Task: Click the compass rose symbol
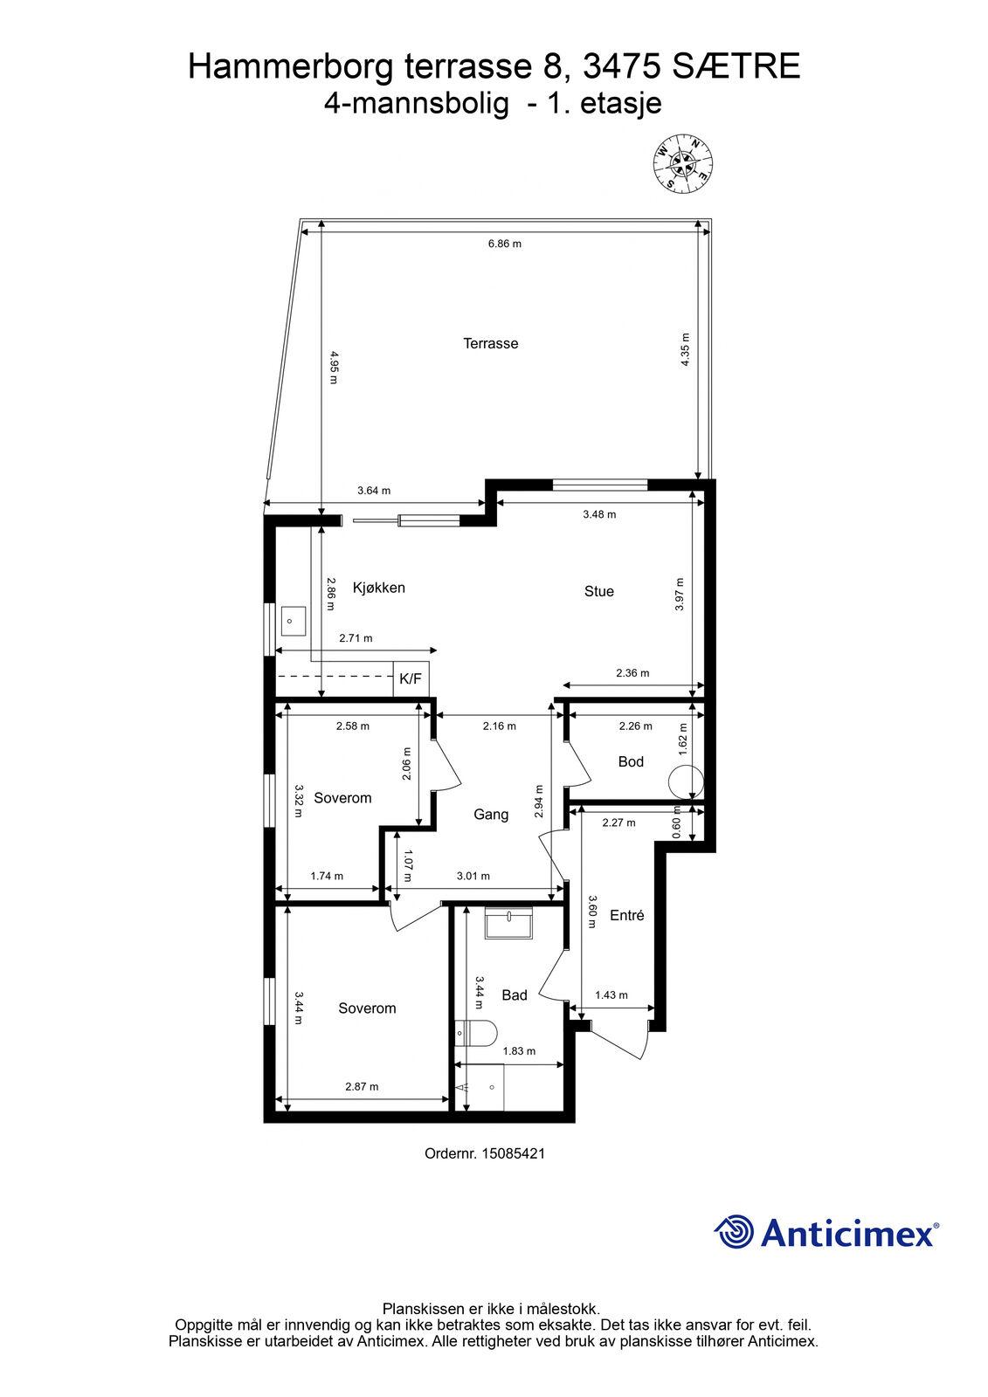click(x=683, y=162)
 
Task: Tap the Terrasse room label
click(x=491, y=343)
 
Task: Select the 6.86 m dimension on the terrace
click(x=504, y=244)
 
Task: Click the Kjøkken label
click(x=379, y=588)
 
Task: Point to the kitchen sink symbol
click(x=293, y=621)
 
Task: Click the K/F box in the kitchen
click(x=411, y=679)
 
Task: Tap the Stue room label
click(x=598, y=591)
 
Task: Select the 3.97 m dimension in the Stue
click(x=680, y=595)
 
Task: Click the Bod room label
click(x=631, y=761)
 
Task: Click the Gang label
click(x=491, y=815)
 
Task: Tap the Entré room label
click(x=626, y=915)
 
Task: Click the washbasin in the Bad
click(x=508, y=923)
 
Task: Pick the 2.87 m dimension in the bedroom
click(x=362, y=1086)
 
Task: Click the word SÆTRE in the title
click(x=736, y=66)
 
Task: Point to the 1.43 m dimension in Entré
click(x=611, y=994)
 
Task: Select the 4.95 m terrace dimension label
click(x=333, y=368)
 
